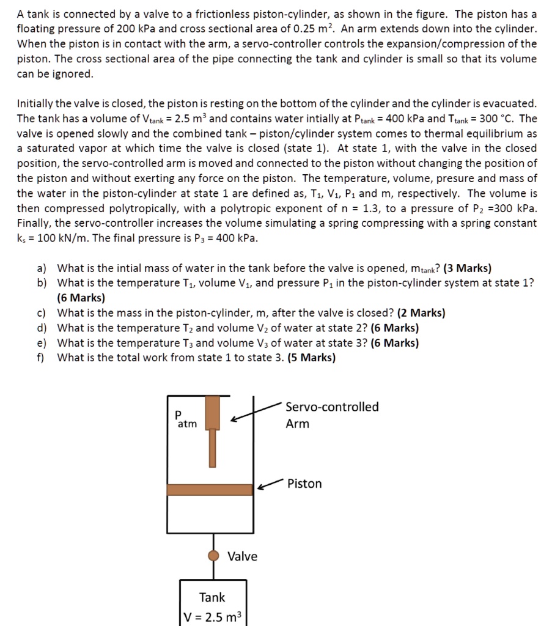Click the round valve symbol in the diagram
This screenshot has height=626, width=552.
(213, 556)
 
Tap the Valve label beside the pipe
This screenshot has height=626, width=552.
(242, 556)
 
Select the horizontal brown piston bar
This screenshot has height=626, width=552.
(210, 490)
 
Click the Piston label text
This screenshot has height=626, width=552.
(304, 484)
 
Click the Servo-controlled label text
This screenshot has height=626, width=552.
(332, 407)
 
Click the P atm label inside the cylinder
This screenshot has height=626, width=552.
(185, 419)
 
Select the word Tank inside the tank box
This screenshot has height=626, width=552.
(212, 597)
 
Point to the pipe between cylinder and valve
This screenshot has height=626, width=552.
(213, 542)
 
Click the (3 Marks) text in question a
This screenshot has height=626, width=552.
(468, 268)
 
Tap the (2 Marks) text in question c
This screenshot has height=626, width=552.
(421, 313)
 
